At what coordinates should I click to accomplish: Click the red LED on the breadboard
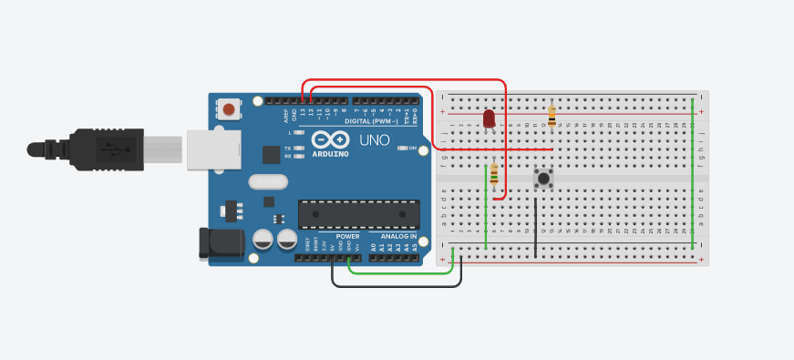click(489, 118)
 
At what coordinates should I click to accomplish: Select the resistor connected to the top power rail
click(551, 116)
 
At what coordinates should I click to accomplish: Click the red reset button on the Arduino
click(229, 110)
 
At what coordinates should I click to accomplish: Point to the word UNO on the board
click(374, 140)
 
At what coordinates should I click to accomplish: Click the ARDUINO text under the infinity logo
click(329, 154)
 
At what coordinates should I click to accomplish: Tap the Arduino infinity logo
click(330, 139)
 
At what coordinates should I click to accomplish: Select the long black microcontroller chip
click(358, 213)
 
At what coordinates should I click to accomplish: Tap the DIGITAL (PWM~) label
click(376, 121)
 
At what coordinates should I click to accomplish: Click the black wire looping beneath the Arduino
click(397, 286)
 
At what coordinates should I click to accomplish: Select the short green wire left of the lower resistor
click(485, 205)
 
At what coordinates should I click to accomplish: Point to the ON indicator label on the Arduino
click(413, 148)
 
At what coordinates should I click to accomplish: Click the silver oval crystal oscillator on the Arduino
click(267, 181)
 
